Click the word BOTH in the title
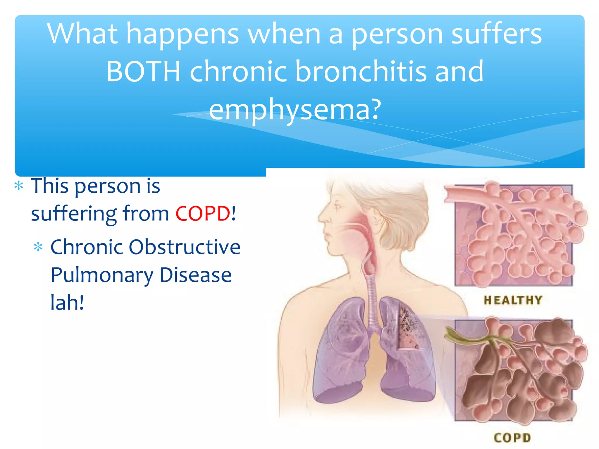click(143, 72)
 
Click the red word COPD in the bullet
click(203, 213)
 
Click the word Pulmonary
click(102, 275)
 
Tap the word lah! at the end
click(67, 303)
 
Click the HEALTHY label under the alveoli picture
click(513, 300)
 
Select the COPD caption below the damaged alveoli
click(512, 438)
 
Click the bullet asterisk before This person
click(19, 186)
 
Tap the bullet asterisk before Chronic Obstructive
click(38, 247)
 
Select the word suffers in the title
click(496, 34)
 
